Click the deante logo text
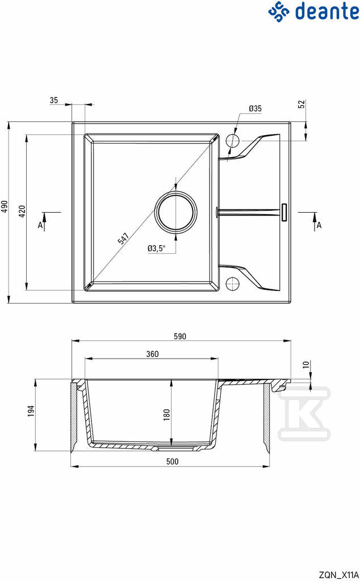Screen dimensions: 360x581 (326, 11)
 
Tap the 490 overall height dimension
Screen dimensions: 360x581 (4, 207)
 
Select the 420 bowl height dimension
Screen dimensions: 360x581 (22, 211)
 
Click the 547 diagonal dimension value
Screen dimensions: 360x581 (123, 238)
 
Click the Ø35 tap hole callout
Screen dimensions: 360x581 (255, 108)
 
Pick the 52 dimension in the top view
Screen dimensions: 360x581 (302, 104)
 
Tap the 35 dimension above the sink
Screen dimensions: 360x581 (54, 100)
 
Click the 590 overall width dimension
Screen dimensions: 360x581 (180, 336)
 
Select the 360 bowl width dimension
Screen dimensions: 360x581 (152, 354)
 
